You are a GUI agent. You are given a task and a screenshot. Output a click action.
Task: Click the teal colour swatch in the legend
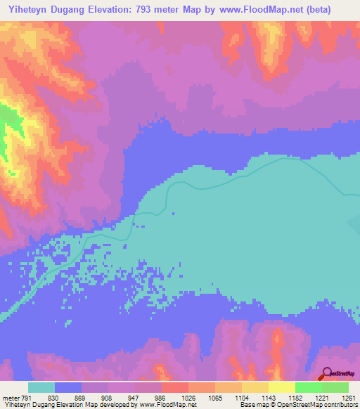(41, 388)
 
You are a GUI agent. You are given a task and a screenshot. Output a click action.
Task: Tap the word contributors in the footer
(340, 405)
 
